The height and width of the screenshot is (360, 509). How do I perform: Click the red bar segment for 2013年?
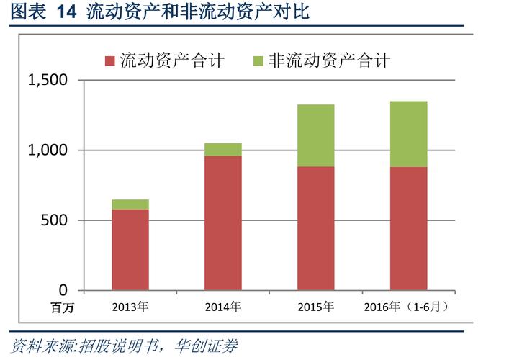click(x=130, y=249)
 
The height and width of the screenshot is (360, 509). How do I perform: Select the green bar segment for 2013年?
click(x=130, y=204)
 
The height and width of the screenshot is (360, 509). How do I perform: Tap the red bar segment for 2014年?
click(x=223, y=222)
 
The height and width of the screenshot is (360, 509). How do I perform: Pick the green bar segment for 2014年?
click(x=223, y=149)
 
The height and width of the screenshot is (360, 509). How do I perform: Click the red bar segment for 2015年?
click(x=315, y=228)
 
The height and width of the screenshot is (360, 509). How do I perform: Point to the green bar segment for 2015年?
click(x=315, y=135)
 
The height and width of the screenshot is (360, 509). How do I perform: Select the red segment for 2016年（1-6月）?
click(x=408, y=228)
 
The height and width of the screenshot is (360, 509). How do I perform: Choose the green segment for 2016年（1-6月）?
click(x=408, y=134)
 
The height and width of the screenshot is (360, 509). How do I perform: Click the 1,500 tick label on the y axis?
click(x=48, y=81)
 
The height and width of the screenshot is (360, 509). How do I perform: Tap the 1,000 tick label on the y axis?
click(x=48, y=150)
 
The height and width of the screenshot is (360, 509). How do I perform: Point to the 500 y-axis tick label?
click(x=55, y=220)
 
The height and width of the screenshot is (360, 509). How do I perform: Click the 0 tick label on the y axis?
click(x=63, y=290)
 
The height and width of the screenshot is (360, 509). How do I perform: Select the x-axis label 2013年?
click(x=130, y=307)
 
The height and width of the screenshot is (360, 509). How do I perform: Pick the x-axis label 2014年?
click(x=222, y=307)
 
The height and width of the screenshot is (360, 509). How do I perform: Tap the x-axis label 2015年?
click(x=315, y=307)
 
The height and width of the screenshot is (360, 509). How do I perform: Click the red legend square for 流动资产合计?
click(x=109, y=60)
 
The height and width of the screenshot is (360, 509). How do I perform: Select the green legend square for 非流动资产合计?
click(x=258, y=60)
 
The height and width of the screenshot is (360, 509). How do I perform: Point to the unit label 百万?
click(x=62, y=308)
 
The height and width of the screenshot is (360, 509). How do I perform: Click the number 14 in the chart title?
click(x=66, y=12)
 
